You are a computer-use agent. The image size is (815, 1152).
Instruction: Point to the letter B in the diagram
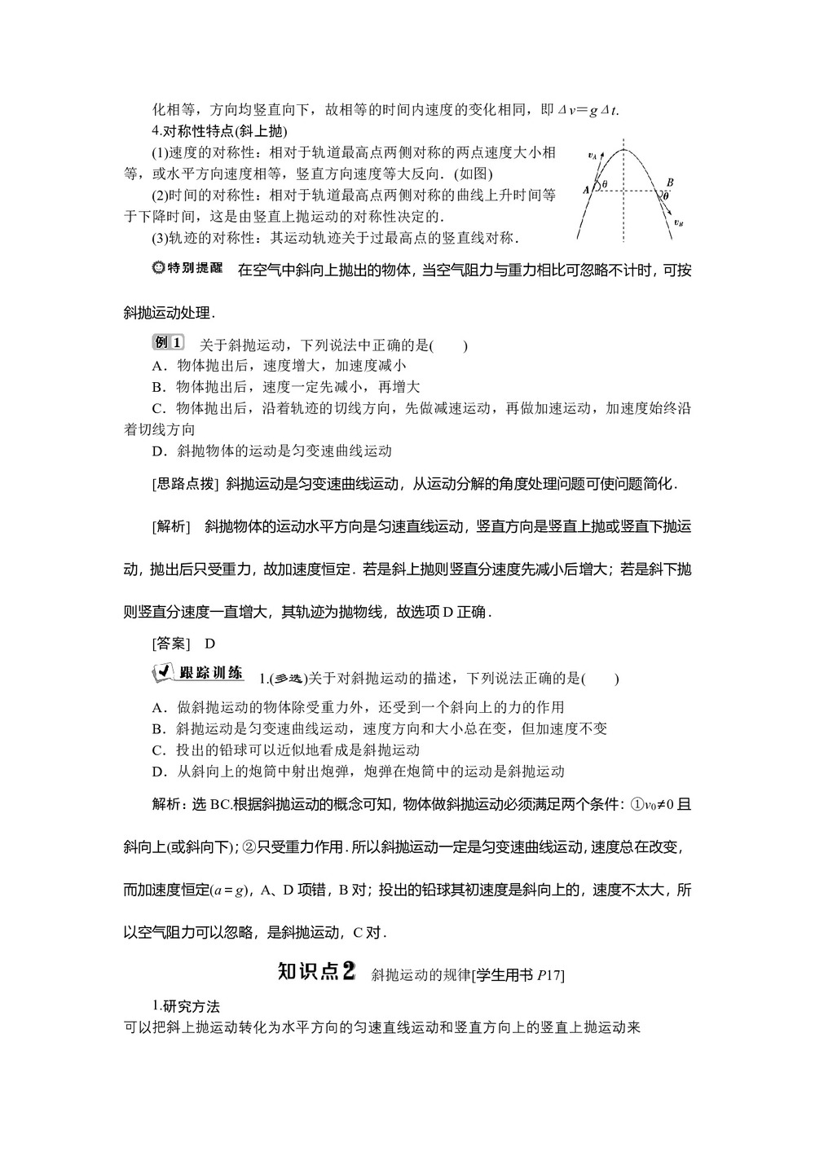pos(669,182)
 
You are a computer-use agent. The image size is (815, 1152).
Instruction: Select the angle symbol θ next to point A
pos(604,185)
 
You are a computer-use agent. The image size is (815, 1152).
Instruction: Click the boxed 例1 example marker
pos(169,343)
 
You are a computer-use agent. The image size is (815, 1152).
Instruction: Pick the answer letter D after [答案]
pos(209,644)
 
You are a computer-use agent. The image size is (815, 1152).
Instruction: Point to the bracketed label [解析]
pos(170,526)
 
